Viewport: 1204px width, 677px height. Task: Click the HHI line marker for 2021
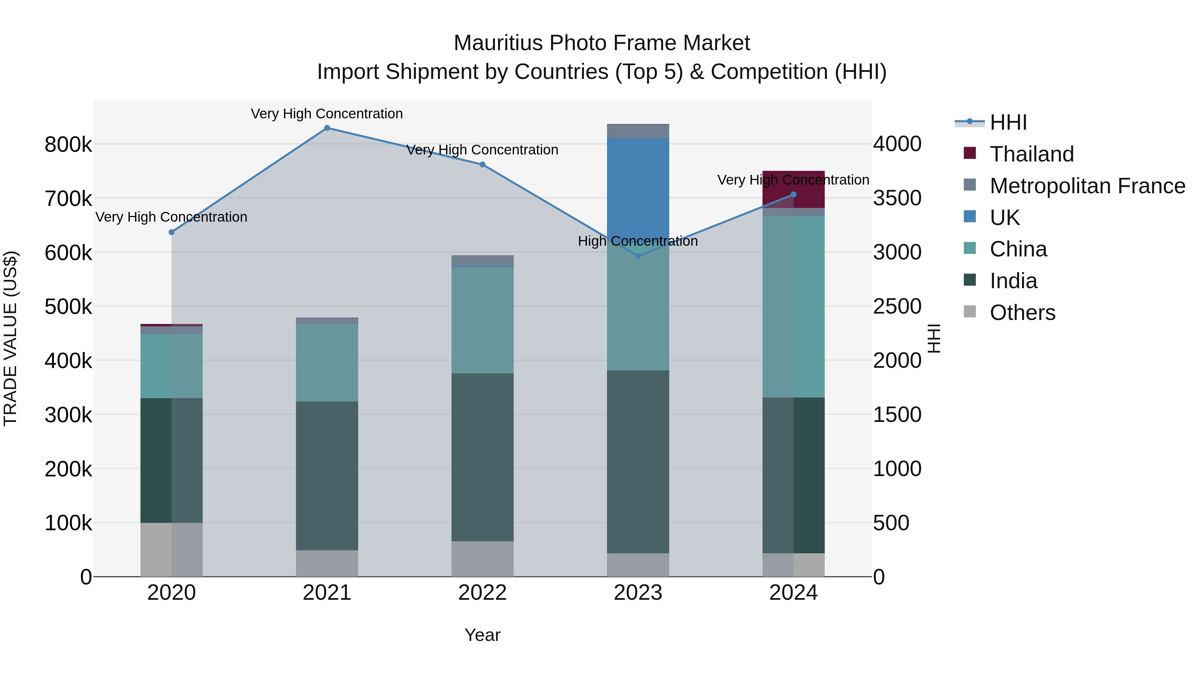click(327, 128)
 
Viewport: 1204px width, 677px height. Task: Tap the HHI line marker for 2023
click(638, 256)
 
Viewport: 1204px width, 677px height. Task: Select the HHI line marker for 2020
click(172, 232)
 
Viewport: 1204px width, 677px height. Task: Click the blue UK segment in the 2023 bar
click(638, 187)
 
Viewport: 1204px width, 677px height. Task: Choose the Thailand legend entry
click(1031, 154)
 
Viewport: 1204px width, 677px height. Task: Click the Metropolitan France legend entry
click(1087, 186)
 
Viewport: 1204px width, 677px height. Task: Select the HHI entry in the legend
click(1008, 122)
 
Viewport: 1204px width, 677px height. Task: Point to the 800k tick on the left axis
click(68, 145)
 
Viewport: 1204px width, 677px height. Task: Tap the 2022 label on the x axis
click(482, 593)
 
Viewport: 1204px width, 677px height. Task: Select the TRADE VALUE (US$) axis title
click(10, 338)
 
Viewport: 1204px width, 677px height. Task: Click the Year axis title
click(482, 635)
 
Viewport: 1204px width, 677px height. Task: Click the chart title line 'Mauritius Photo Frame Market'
click(602, 43)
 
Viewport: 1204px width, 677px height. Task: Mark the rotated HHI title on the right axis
click(933, 338)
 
